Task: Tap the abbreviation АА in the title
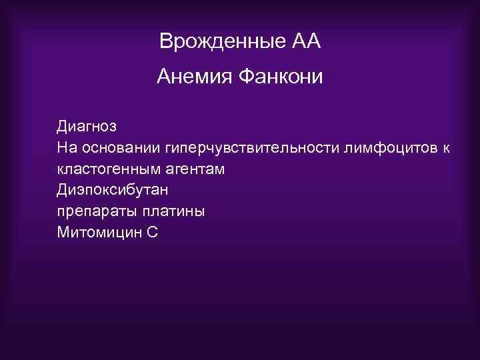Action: click(x=306, y=42)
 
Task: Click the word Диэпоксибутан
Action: click(x=112, y=190)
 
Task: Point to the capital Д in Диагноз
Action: click(x=63, y=126)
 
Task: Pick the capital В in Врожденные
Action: click(x=165, y=42)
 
